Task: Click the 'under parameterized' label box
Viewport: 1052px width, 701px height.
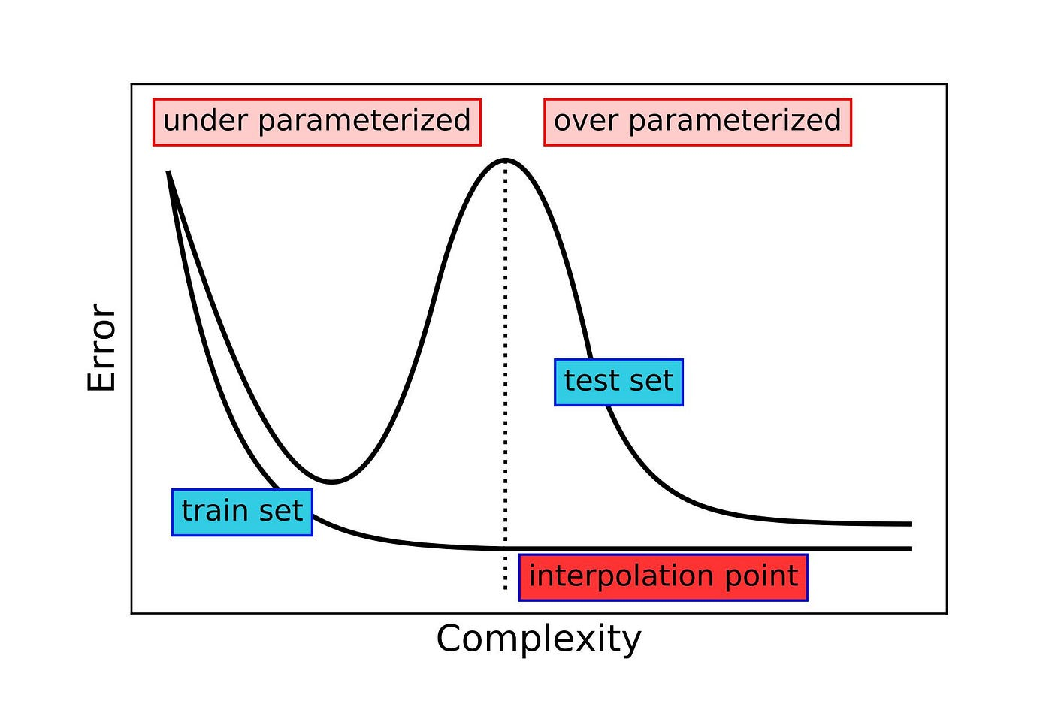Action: point(316,122)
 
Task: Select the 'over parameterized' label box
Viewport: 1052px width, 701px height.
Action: point(697,122)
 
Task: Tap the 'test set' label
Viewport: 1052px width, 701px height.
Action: point(618,382)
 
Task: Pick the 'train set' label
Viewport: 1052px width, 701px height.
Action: point(242,512)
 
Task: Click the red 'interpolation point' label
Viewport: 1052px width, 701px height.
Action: point(663,577)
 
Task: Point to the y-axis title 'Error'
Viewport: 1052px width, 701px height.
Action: point(101,348)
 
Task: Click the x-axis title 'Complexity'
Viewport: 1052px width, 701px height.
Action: point(539,639)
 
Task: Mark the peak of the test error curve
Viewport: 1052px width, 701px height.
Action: point(506,160)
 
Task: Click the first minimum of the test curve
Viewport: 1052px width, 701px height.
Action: point(331,482)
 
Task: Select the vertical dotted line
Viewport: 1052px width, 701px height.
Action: point(505,338)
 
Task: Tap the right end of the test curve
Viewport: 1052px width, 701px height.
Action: point(911,524)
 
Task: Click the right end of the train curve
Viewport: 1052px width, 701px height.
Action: point(911,549)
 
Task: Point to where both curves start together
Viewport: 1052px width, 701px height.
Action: point(168,172)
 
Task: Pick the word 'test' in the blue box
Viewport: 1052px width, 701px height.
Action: point(591,382)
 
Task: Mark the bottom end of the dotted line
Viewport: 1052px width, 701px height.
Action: point(505,589)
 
